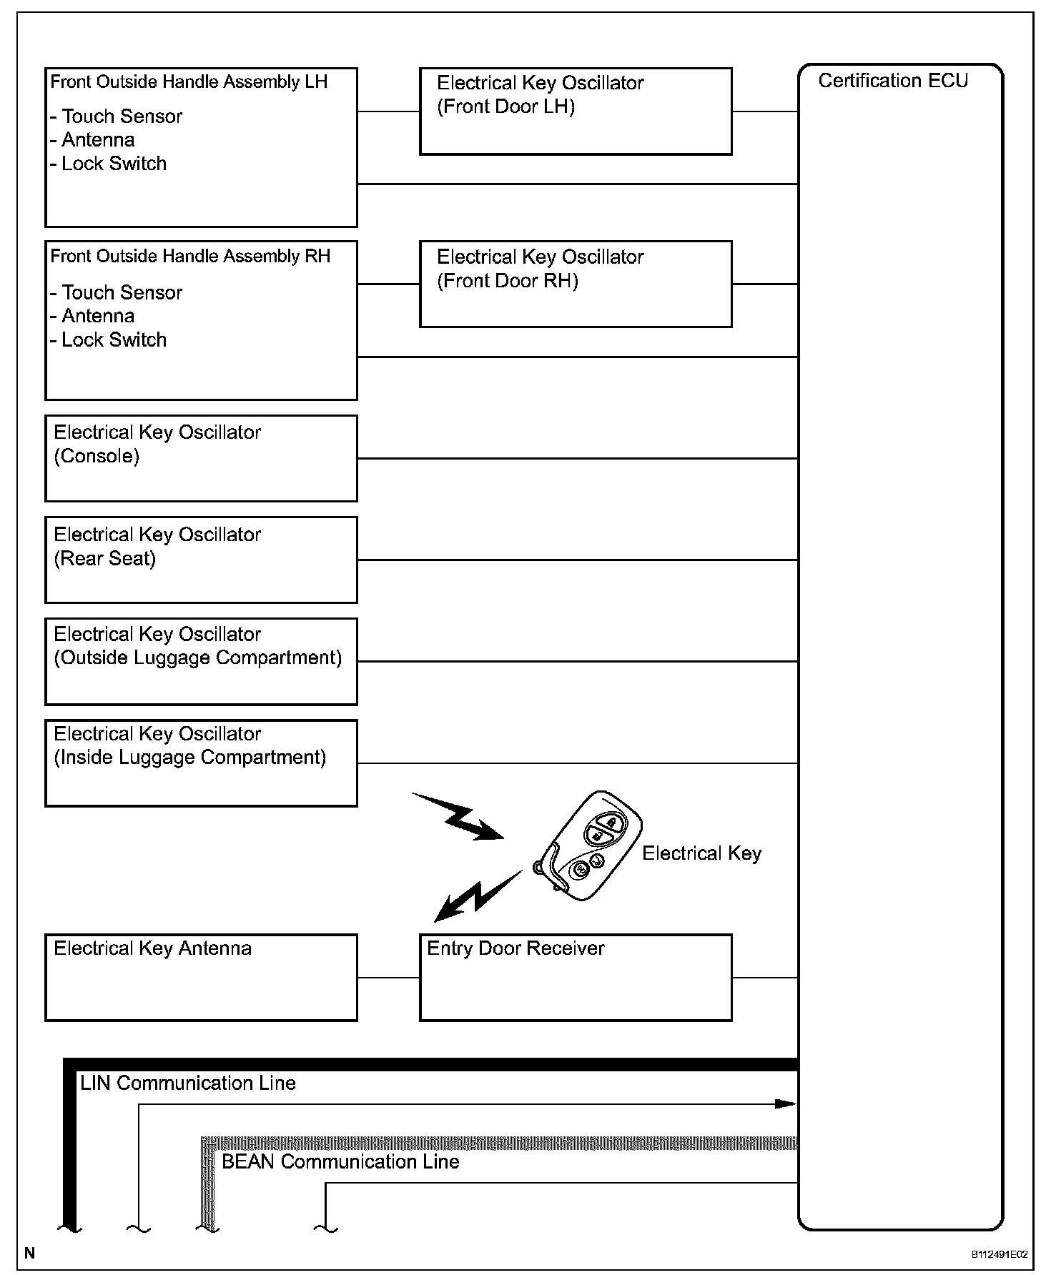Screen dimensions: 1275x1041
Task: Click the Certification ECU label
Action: [892, 81]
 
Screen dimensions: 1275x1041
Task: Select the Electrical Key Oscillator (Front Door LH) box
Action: [576, 111]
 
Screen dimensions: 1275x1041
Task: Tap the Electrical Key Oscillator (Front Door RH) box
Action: [576, 284]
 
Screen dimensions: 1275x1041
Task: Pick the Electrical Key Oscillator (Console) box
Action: [201, 458]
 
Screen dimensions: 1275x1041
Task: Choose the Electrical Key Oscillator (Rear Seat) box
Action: [201, 560]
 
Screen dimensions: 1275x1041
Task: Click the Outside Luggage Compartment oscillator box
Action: [201, 661]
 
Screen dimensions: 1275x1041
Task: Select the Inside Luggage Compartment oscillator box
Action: [201, 763]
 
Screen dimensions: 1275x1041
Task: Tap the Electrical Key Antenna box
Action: [201, 977]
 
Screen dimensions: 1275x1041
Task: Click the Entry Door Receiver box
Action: [576, 977]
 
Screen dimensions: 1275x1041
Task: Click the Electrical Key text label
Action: [701, 853]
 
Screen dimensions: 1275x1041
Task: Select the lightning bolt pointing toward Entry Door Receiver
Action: [477, 895]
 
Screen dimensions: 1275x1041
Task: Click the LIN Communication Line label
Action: [187, 1083]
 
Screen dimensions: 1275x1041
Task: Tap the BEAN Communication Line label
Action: [340, 1161]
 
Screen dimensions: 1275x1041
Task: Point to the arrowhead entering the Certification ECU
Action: [786, 1103]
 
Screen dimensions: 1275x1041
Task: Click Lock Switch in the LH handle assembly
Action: [114, 164]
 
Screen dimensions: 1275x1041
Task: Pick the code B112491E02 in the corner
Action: [998, 1254]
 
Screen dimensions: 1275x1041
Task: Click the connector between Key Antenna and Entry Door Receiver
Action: [388, 977]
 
